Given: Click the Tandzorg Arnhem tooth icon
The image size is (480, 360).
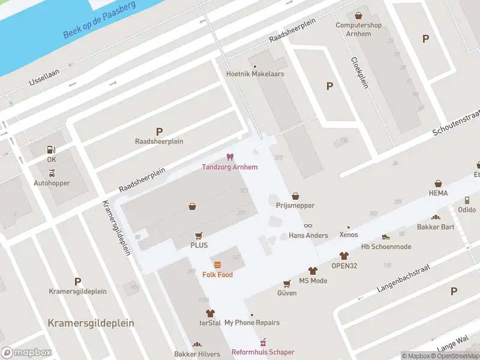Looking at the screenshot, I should point(229,157).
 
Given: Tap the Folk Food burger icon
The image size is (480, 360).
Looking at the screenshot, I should point(217,265).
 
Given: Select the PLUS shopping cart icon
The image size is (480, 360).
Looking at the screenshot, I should point(199,236).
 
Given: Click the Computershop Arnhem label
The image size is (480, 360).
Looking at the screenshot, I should point(358,29).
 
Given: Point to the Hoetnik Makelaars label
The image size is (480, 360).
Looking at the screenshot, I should point(255,74).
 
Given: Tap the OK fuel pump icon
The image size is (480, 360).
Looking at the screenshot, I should point(52,149).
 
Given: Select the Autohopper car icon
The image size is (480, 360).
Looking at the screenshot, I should point(52,173).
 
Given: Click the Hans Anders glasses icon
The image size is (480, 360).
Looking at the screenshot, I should point(308,226).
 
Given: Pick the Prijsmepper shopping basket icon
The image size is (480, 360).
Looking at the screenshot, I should point(295,196).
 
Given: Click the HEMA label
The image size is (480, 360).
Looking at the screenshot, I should point(438,193).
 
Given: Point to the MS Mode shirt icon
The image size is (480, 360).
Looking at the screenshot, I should point(313,271).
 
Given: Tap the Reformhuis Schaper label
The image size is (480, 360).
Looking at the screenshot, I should point(263,352).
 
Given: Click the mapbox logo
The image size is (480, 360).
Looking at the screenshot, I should point(26,352).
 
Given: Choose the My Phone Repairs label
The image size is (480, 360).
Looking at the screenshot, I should point(252,323).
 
